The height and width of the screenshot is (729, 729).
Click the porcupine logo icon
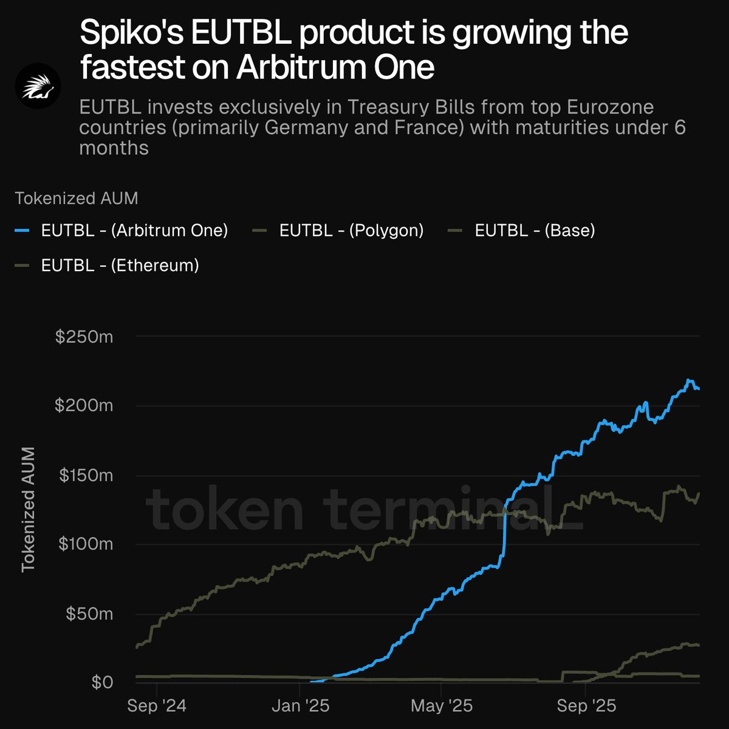(38, 86)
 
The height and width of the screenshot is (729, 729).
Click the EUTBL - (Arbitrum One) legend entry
(121, 230)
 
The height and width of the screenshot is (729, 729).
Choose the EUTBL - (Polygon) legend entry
(338, 230)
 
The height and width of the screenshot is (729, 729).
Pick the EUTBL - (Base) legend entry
(521, 230)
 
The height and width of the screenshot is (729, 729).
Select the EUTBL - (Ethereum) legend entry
(107, 265)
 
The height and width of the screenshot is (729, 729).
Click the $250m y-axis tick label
(84, 337)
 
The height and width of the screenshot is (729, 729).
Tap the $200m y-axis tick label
(84, 406)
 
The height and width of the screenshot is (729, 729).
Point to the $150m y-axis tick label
(86, 475)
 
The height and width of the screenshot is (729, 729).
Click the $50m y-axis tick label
(89, 614)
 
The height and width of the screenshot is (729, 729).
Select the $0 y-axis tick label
(102, 682)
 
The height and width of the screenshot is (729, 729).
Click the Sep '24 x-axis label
(157, 706)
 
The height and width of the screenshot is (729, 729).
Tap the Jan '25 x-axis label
(300, 706)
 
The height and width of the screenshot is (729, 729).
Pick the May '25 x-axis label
(442, 706)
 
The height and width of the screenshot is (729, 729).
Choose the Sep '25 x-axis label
(586, 706)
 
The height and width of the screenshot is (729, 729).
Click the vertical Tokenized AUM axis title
(29, 510)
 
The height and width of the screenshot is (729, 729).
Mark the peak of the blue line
(688, 380)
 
